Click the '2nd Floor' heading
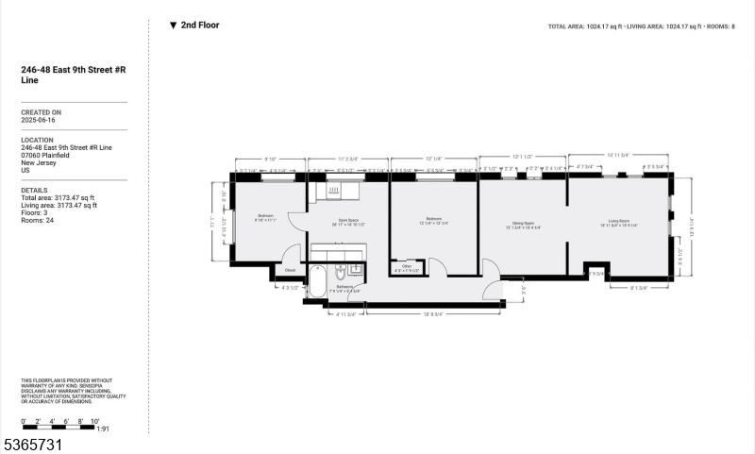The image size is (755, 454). (200, 25)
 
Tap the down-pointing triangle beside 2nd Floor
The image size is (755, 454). (173, 25)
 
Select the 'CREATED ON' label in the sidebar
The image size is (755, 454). (42, 111)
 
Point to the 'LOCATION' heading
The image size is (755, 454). (40, 140)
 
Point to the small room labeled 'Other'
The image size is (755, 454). (407, 266)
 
